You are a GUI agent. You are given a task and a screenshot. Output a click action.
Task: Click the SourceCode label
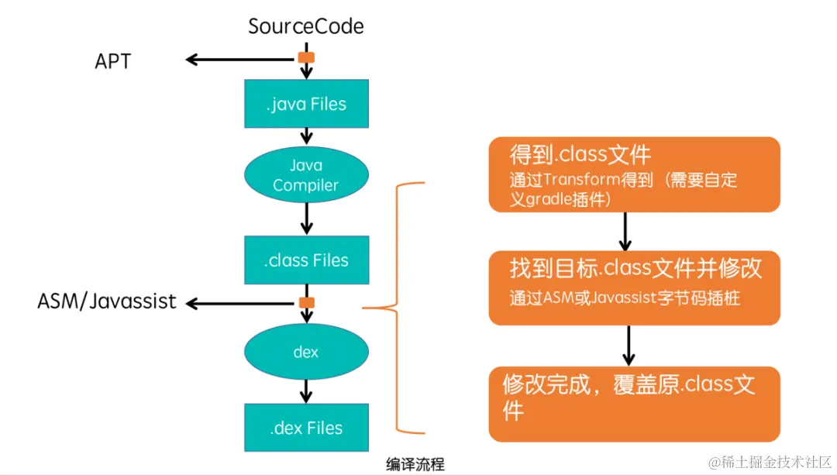(306, 26)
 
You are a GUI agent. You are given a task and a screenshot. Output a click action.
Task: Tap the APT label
(112, 61)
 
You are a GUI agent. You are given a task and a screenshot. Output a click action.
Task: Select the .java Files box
(306, 104)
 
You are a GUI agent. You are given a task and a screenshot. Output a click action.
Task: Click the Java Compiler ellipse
(306, 174)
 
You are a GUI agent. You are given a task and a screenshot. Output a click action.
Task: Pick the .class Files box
(306, 260)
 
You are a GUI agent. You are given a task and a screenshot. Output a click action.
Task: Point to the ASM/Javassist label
(107, 301)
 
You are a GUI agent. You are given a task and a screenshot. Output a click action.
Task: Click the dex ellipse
(306, 352)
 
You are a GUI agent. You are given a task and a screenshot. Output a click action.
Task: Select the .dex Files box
(306, 428)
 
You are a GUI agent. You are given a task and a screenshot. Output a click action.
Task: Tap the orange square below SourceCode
(306, 57)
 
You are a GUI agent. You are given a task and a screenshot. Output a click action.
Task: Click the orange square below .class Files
(306, 303)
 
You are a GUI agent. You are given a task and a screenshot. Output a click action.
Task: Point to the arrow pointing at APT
(241, 59)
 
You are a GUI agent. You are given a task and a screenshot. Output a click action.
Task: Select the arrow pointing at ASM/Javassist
(241, 304)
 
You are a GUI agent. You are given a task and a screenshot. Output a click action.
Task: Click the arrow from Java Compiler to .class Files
(306, 219)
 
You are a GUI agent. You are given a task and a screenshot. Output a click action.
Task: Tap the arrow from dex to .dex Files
(306, 391)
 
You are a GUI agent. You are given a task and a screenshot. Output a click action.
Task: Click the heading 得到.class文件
(580, 155)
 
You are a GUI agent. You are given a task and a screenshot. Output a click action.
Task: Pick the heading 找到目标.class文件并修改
(635, 268)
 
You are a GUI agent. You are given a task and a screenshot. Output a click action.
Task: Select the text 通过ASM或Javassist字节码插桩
(625, 298)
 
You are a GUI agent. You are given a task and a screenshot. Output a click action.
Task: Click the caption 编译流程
(415, 464)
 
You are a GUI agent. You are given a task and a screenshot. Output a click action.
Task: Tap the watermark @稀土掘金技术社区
(770, 462)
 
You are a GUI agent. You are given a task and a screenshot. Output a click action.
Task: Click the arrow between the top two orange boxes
(625, 232)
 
